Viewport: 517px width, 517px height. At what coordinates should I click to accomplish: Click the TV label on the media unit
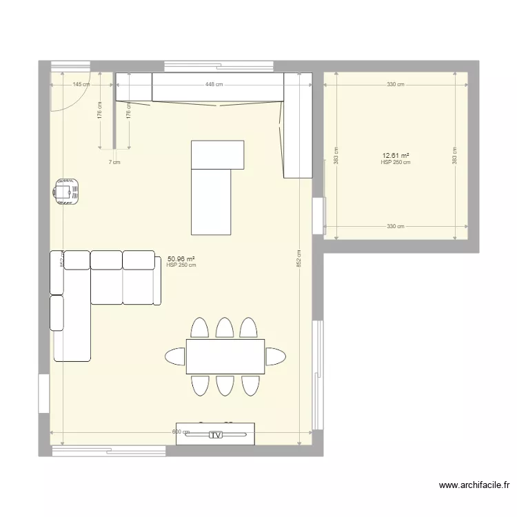click(216, 435)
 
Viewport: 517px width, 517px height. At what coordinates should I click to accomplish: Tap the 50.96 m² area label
click(181, 259)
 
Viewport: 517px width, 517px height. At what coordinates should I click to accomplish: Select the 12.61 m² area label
click(396, 156)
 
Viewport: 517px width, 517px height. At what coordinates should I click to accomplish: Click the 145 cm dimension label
click(81, 84)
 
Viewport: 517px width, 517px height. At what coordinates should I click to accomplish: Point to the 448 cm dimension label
click(214, 84)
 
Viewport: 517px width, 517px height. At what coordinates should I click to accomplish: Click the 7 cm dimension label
click(114, 162)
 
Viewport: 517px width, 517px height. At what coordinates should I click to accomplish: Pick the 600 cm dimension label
click(181, 432)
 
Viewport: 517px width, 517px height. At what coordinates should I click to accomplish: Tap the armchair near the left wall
click(66, 191)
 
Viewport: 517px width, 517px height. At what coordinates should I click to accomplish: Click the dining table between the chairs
click(225, 356)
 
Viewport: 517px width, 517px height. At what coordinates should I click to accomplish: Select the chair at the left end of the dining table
click(176, 356)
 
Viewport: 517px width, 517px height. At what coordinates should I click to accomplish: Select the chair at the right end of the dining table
click(276, 356)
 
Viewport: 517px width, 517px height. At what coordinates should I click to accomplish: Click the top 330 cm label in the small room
click(395, 84)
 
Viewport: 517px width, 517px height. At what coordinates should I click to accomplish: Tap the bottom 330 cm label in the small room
click(395, 226)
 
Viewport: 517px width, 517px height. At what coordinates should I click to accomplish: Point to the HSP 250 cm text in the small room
click(396, 163)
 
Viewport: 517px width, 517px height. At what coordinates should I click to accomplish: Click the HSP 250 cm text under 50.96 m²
click(181, 265)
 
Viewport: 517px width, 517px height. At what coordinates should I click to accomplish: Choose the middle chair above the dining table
click(225, 327)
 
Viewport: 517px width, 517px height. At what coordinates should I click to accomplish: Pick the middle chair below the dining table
click(225, 385)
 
